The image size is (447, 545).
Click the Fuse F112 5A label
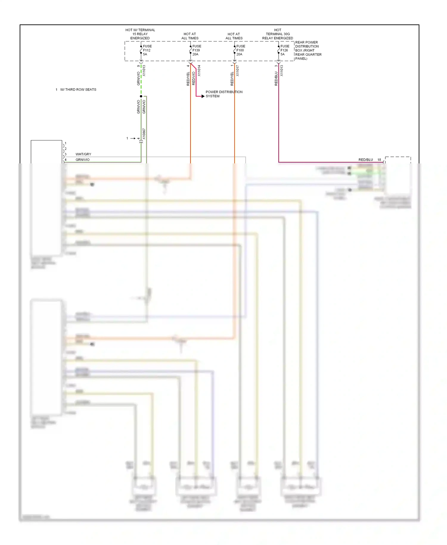click(x=147, y=50)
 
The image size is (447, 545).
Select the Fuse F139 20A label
click(x=196, y=50)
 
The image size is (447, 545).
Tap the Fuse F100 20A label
click(x=240, y=50)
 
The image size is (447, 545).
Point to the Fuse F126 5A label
click(x=285, y=50)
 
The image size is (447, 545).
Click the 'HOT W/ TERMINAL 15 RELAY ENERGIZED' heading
click(x=140, y=34)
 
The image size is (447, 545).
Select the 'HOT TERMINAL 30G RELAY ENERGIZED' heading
click(x=277, y=34)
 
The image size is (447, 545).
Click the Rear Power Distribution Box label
click(x=308, y=50)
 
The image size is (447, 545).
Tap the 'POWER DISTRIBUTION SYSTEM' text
click(x=224, y=94)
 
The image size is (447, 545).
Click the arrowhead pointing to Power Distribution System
click(x=203, y=96)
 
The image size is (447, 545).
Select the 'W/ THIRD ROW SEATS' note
click(x=78, y=89)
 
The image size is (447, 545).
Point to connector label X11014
click(x=199, y=71)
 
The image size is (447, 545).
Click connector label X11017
click(x=238, y=71)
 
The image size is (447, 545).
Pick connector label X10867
click(x=144, y=134)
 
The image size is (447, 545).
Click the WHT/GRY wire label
click(x=83, y=154)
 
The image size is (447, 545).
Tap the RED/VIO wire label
click(x=194, y=78)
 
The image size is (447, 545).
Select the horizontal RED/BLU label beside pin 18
click(x=366, y=160)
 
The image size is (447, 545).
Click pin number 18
click(x=379, y=160)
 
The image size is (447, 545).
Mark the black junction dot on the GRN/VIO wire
click(x=141, y=96)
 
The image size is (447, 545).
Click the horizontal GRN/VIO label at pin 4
click(x=83, y=160)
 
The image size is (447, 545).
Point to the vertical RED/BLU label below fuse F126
click(x=276, y=78)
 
